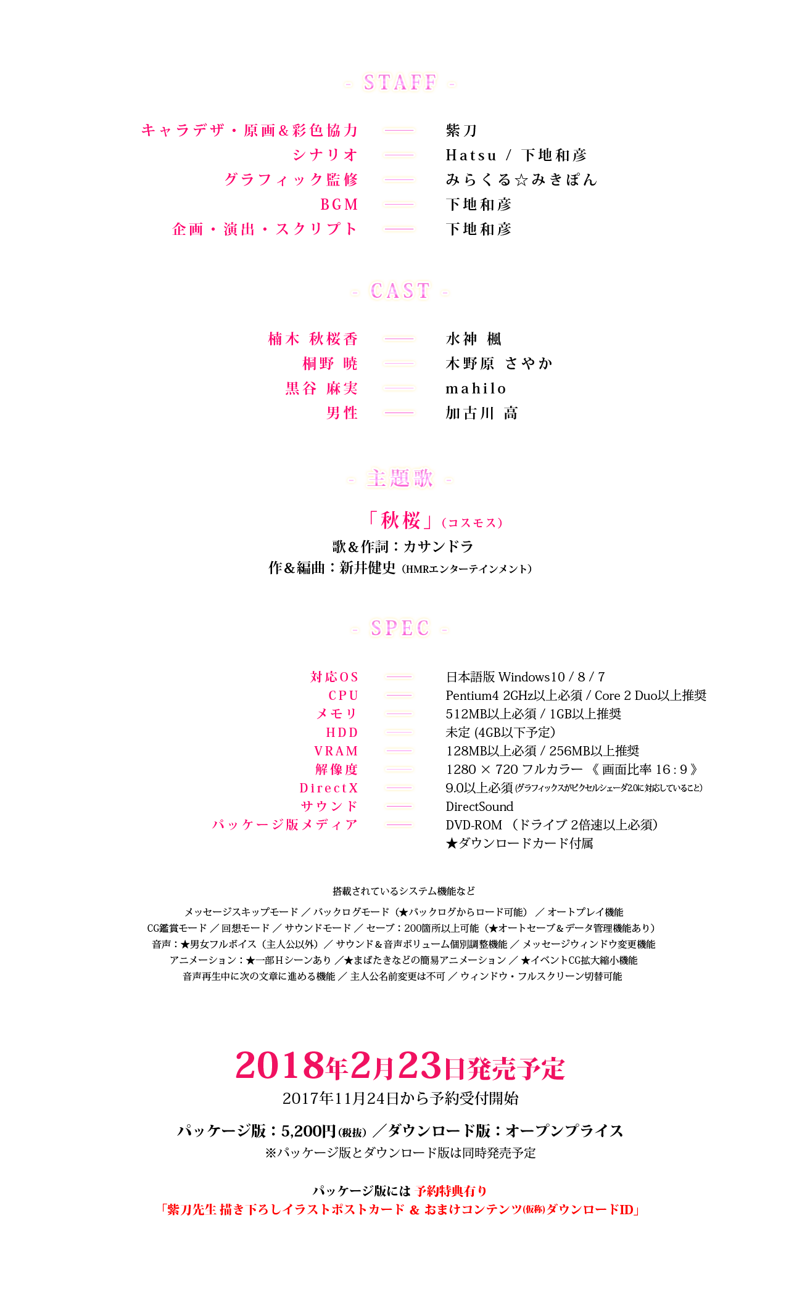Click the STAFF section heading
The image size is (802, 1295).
(x=400, y=83)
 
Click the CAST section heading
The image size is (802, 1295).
(x=400, y=290)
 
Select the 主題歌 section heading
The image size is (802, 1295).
(x=400, y=478)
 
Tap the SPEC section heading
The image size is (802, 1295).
(x=400, y=628)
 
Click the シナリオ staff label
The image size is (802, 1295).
(x=325, y=155)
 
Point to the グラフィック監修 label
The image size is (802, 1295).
(x=291, y=179)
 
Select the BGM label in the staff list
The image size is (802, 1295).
(x=339, y=204)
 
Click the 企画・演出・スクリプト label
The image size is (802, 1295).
(x=265, y=229)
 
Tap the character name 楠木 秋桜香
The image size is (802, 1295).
(x=313, y=339)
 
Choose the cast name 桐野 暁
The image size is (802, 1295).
(x=330, y=363)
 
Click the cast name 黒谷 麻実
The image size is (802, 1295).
(x=321, y=388)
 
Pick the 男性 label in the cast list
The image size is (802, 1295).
(x=342, y=413)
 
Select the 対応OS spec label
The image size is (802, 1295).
(x=334, y=677)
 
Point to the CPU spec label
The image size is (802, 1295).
(x=343, y=696)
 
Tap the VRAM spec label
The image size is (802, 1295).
(x=336, y=751)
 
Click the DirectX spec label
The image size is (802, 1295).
(x=329, y=788)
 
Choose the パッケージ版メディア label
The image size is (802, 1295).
(x=284, y=824)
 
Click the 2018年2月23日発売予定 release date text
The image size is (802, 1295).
(x=400, y=1066)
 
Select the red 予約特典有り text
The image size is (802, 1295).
(x=451, y=1191)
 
